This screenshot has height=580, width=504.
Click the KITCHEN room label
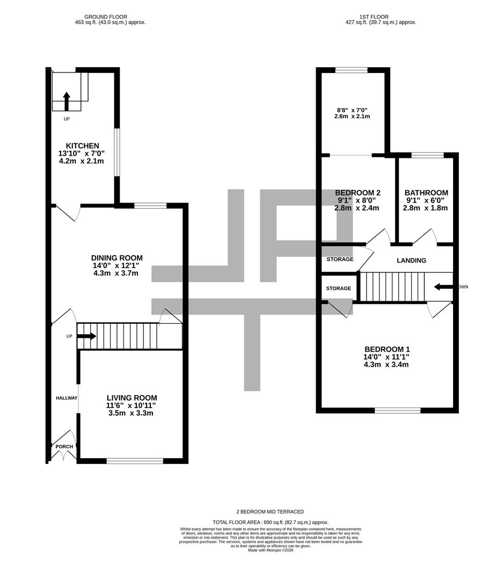tap(82, 146)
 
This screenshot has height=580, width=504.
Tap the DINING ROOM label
tap(116, 258)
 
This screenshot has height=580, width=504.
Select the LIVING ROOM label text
tap(132, 398)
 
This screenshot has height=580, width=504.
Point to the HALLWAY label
tap(67, 398)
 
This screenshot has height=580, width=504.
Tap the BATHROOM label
tap(426, 193)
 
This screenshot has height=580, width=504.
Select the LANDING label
tap(411, 260)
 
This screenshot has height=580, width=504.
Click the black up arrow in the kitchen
tap(67, 100)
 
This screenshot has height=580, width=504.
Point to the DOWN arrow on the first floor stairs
tap(443, 287)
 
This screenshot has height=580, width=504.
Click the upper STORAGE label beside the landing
tap(340, 259)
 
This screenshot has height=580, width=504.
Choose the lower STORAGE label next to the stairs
tap(338, 288)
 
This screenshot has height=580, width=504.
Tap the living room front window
tap(135, 461)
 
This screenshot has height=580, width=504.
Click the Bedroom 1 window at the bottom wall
tap(397, 411)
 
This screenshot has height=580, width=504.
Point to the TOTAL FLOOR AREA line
tap(271, 522)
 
